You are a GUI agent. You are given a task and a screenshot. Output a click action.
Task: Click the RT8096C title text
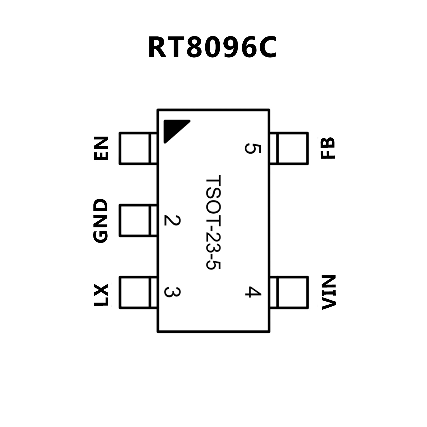pos(213,48)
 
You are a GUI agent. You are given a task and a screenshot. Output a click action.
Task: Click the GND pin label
pos(100,221)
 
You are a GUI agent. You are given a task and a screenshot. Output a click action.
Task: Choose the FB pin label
pos(328,148)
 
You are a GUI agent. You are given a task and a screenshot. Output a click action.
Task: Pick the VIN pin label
pos(329,292)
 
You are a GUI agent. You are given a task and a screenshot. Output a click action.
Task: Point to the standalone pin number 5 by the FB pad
pos(253,148)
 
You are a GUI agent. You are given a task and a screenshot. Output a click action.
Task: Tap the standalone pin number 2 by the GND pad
pos(172,220)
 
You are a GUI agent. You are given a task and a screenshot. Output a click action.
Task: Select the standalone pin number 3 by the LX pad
pos(172,292)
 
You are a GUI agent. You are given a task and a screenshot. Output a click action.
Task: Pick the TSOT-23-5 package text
pos(213,222)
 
